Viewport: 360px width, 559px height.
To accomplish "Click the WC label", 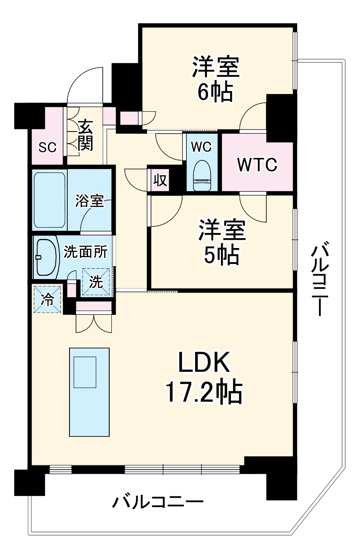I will point(202,147).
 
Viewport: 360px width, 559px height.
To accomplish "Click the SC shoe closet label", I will point(47,148).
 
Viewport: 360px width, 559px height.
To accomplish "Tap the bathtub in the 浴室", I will point(50,201).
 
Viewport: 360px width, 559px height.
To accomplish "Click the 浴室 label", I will point(89,201).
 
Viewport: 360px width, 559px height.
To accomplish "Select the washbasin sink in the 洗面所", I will point(47,257).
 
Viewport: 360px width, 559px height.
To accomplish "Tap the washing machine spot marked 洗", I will point(97,282).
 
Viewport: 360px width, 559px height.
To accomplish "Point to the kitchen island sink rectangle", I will point(85,372).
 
